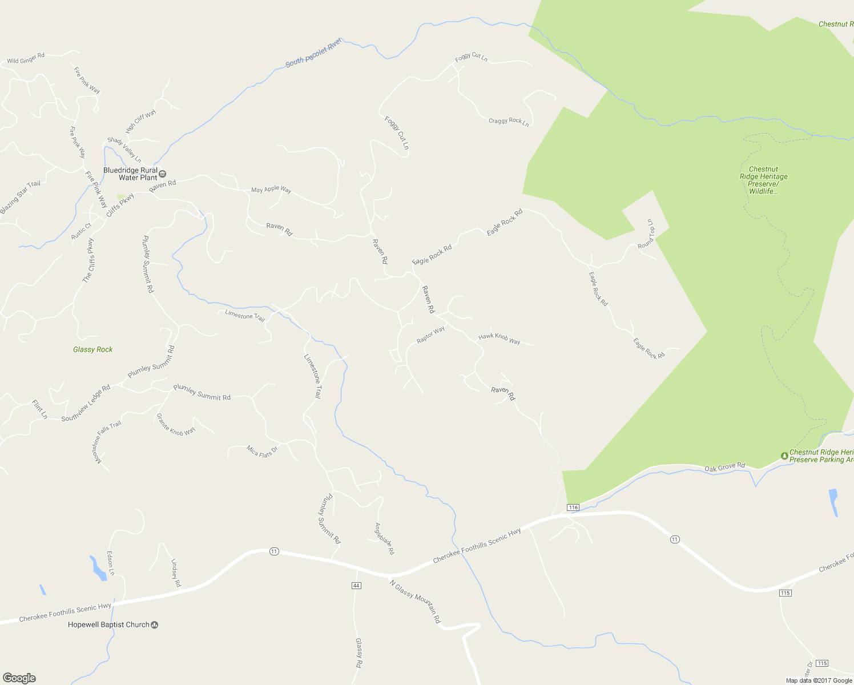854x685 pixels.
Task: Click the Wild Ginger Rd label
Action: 26,58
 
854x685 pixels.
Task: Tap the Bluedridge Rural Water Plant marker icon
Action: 162,174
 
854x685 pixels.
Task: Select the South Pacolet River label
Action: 313,53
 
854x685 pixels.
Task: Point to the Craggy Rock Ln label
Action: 509,121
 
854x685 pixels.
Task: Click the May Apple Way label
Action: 271,190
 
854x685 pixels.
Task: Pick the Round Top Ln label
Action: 648,233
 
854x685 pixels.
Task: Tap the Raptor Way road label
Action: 430,335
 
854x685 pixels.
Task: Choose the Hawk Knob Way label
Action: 499,339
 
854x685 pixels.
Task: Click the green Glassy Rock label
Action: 93,349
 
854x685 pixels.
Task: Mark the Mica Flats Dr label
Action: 262,452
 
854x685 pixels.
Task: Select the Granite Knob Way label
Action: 176,425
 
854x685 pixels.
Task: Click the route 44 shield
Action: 356,586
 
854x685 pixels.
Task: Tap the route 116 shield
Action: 573,507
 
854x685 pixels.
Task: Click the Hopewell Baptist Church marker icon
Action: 154,624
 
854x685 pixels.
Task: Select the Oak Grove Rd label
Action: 724,468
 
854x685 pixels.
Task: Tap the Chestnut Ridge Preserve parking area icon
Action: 784,456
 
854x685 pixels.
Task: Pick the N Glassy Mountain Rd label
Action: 415,601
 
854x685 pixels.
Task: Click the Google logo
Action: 19,678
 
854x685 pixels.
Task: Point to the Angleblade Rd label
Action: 384,538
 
